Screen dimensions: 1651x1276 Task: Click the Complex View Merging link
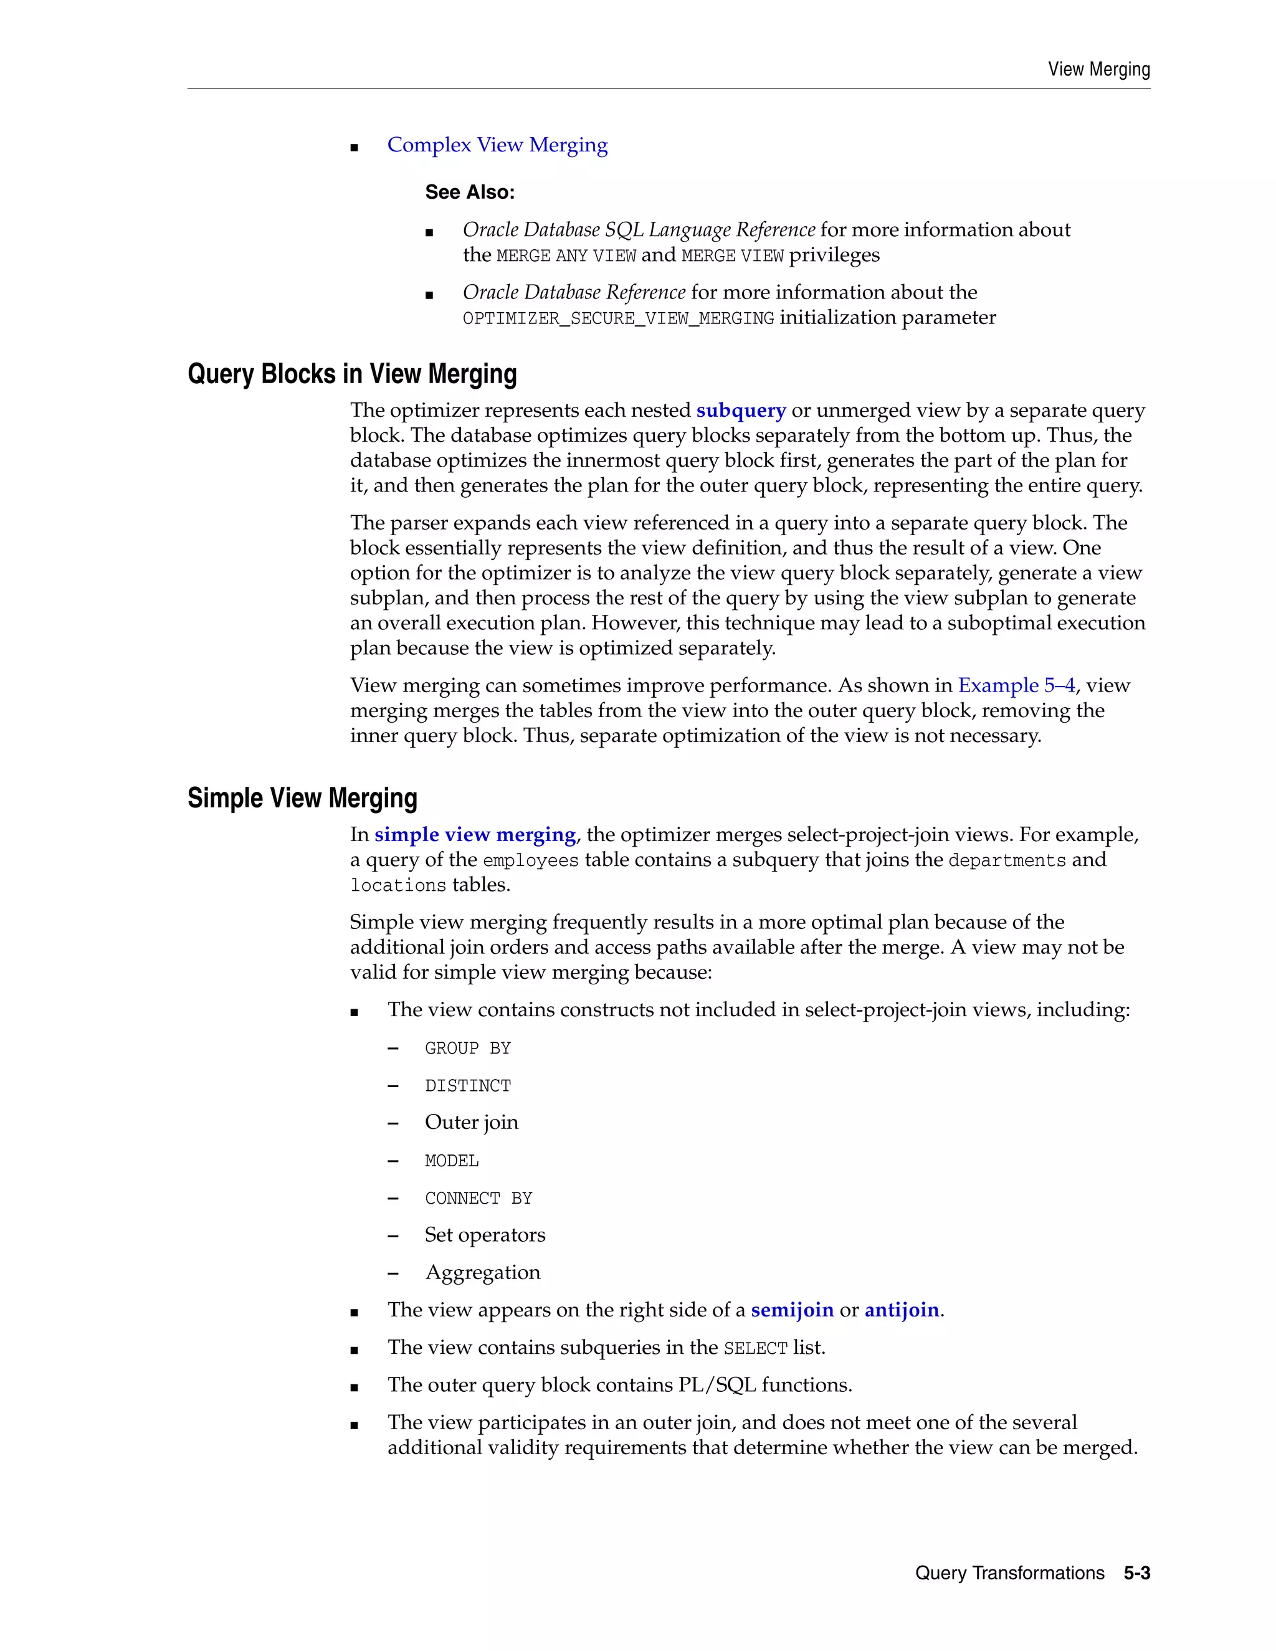point(497,145)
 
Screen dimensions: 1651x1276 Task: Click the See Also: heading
point(469,193)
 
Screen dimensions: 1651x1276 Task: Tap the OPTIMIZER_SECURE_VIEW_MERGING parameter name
point(617,318)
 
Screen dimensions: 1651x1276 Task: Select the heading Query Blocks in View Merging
point(351,374)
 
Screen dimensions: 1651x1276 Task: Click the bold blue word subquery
point(740,411)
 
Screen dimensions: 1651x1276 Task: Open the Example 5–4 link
point(1016,686)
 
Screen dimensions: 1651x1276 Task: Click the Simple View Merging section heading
point(302,798)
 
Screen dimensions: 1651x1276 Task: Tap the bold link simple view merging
point(475,835)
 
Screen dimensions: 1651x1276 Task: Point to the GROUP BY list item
point(467,1049)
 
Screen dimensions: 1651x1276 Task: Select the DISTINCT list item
point(467,1087)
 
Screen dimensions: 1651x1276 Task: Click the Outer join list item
point(471,1123)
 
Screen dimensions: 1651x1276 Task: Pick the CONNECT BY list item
point(478,1199)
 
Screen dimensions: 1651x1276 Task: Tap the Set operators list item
point(485,1235)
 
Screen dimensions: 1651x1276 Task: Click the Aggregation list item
point(482,1273)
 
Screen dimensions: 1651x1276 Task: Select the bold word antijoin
point(901,1310)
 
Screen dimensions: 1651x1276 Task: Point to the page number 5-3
point(1136,1573)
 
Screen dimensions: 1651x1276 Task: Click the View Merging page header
point(1098,70)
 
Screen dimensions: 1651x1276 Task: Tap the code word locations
point(398,885)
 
